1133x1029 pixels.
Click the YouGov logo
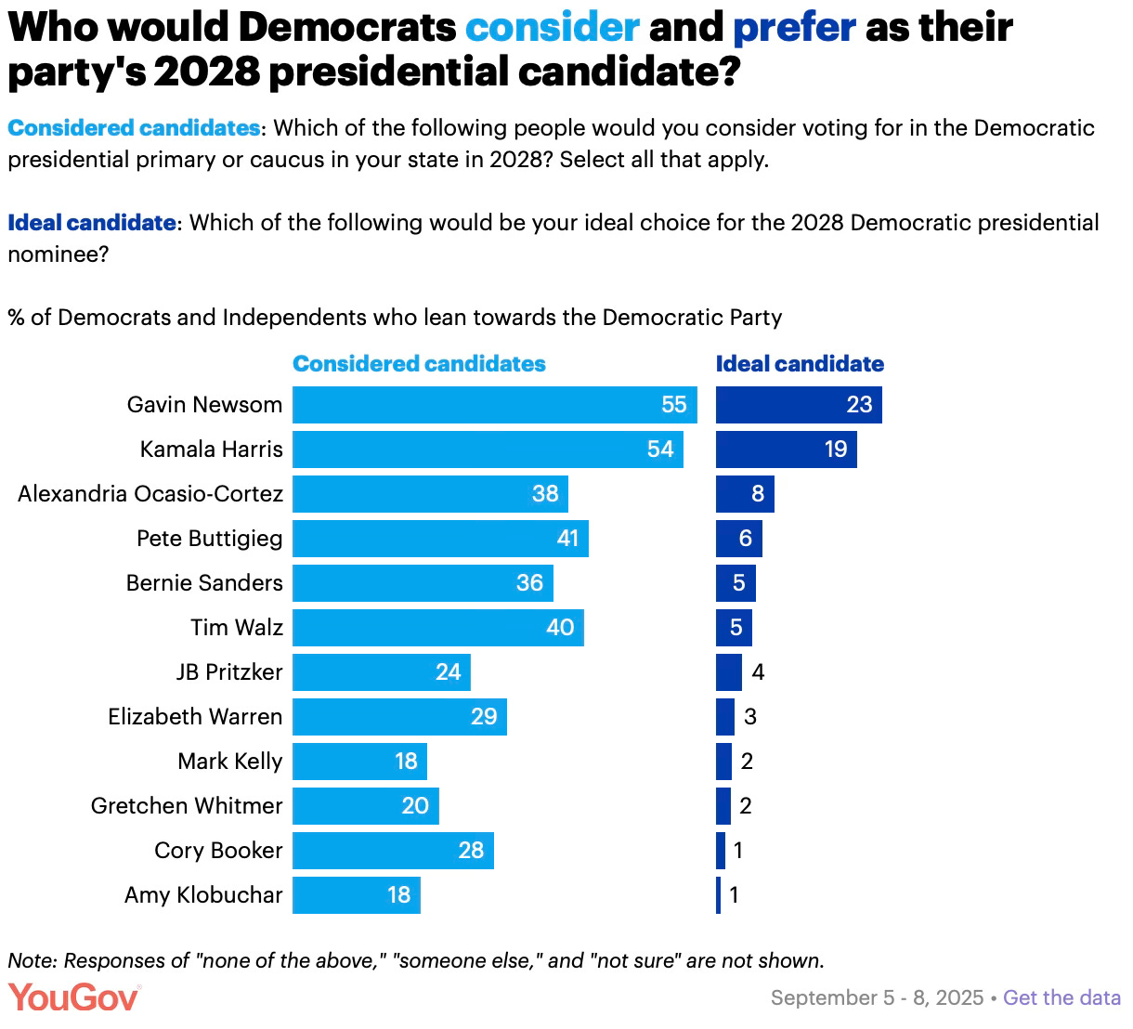[x=73, y=997]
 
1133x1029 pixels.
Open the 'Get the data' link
[x=1061, y=998]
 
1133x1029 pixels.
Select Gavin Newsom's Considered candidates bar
[x=494, y=405]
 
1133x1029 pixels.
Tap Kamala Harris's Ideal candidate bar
[x=786, y=449]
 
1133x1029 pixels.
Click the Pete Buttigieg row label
[x=209, y=539]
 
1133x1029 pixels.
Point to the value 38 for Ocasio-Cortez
[x=545, y=494]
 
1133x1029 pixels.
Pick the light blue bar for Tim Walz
[x=437, y=628]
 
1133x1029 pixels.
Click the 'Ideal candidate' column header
[x=799, y=364]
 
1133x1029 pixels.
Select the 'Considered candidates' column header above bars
[x=419, y=364]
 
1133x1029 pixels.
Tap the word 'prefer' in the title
[x=794, y=28]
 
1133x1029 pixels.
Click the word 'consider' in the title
[x=552, y=28]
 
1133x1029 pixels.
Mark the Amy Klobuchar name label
[x=203, y=895]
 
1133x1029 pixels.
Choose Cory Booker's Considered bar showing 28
[x=393, y=851]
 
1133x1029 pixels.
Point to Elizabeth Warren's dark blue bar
[x=724, y=717]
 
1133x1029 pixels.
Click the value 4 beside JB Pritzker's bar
[x=758, y=672]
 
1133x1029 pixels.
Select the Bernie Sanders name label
[x=204, y=583]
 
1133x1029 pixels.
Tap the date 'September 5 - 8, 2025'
[x=877, y=998]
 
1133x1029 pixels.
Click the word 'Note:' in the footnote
[x=33, y=960]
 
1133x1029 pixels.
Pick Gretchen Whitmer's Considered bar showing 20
[x=365, y=806]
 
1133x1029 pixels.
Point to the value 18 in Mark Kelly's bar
[x=406, y=762]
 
